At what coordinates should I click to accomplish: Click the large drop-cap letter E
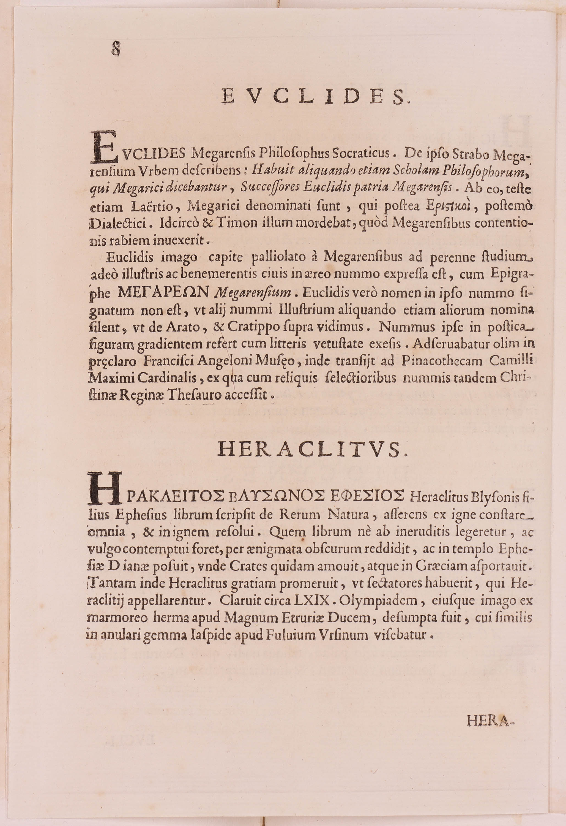tap(104, 146)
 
